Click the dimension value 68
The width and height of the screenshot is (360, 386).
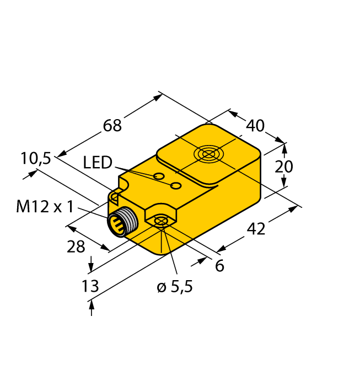112,125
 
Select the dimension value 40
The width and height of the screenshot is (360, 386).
255,126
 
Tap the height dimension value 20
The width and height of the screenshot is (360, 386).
284,166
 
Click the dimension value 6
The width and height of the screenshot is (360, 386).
219,266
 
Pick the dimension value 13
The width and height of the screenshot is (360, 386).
90,286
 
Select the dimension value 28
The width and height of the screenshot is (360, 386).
76,247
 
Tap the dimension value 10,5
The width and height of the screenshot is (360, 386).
36,159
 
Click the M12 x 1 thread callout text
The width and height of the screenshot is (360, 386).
45,207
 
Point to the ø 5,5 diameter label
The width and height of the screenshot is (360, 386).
175,287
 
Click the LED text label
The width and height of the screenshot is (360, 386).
98,163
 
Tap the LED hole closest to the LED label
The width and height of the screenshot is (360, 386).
159,176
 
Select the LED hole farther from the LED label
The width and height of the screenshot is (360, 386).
176,185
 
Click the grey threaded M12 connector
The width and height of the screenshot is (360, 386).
119,222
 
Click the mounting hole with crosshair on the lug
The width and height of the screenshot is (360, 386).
160,222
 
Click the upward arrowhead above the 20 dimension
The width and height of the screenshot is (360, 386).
284,147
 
